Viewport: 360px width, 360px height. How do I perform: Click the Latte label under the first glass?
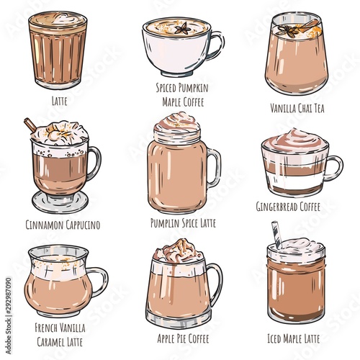coord(59,100)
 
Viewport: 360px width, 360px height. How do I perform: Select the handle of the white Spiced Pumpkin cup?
coord(216,45)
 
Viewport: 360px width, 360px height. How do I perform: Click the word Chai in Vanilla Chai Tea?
coord(305,108)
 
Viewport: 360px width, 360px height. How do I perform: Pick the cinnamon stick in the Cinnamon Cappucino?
coord(30,125)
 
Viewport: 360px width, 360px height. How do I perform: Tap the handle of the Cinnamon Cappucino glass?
coord(94,163)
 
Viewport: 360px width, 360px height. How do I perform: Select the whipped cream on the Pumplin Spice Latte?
coord(177,124)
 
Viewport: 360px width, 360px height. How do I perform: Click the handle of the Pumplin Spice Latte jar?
coord(214,168)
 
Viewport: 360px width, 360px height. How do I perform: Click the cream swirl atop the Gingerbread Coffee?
coord(295,141)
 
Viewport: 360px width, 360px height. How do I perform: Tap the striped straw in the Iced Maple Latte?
coord(277,234)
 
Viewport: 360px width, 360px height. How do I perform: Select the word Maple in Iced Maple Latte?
coord(292,338)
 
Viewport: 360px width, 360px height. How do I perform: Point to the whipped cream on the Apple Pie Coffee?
coord(179,251)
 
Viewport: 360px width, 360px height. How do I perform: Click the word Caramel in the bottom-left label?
coord(51,342)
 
